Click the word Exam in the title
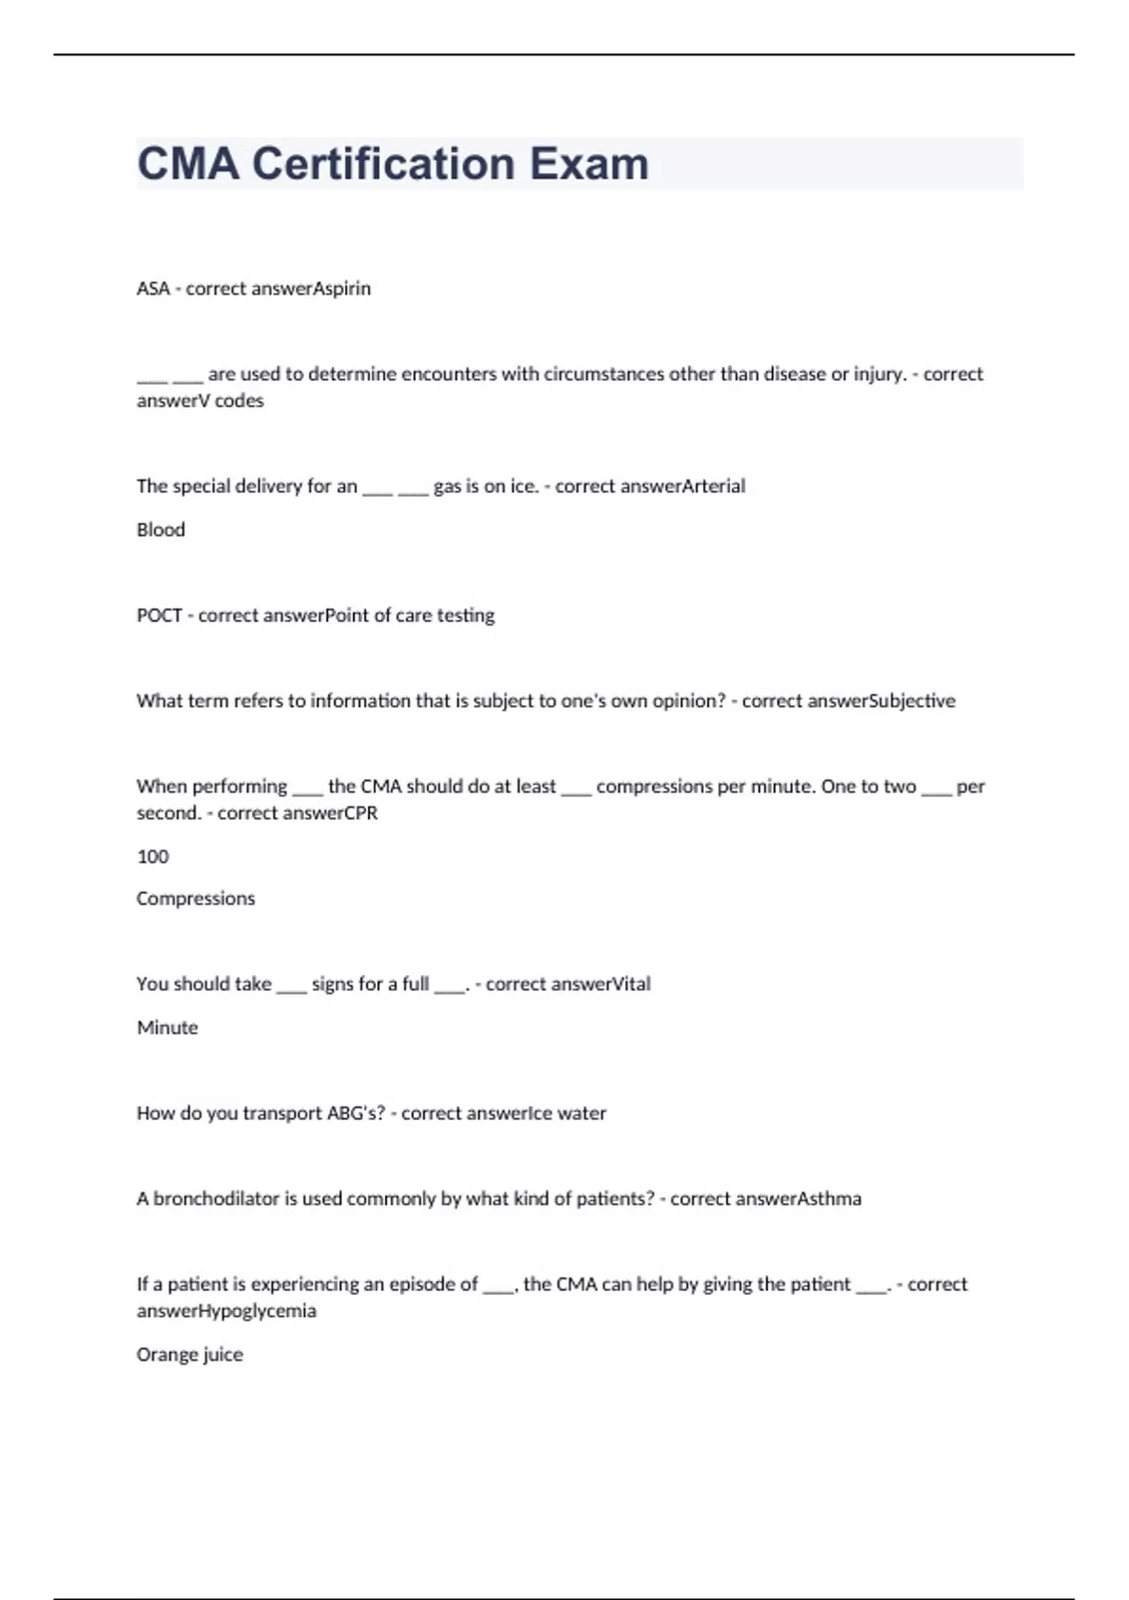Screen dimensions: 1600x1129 coord(589,164)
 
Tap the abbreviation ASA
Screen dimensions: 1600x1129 coord(152,289)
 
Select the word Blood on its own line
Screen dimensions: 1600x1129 coord(161,530)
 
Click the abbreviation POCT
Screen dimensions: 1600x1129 coord(159,616)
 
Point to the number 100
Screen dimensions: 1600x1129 coord(152,856)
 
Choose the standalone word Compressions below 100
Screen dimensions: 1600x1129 coord(196,899)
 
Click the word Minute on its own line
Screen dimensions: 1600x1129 coord(167,1028)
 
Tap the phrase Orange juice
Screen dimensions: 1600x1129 coord(190,1354)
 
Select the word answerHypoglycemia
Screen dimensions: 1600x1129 coord(227,1311)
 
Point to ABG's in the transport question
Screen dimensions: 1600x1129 coord(351,1113)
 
